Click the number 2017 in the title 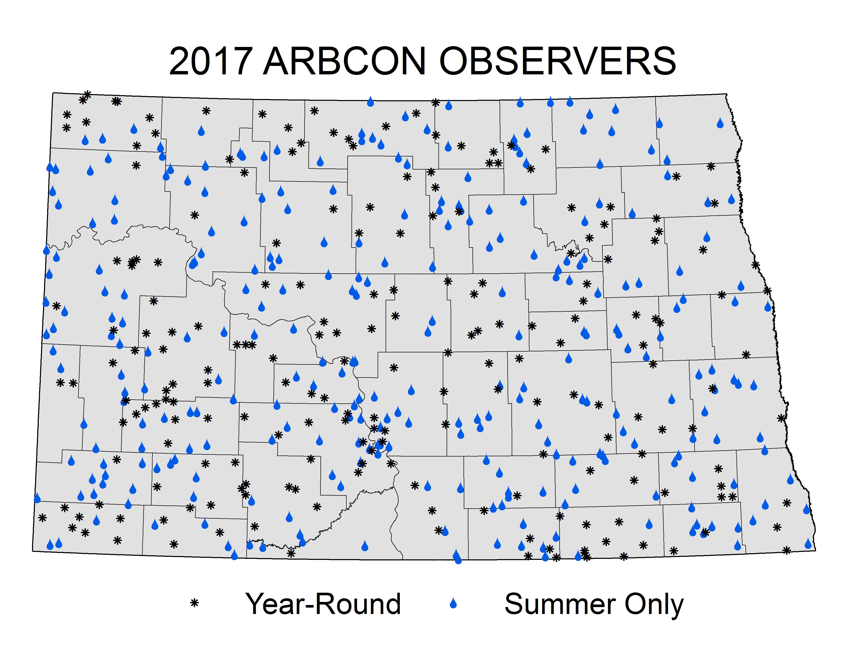pyautogui.click(x=211, y=61)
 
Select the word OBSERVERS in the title pyautogui.click(x=558, y=61)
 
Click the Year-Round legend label pyautogui.click(x=323, y=604)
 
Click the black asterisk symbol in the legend pyautogui.click(x=195, y=603)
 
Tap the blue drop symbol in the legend pyautogui.click(x=453, y=603)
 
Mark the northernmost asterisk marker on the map pyautogui.click(x=87, y=95)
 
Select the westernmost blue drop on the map pyautogui.click(x=37, y=498)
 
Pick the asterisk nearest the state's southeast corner pyautogui.click(x=786, y=550)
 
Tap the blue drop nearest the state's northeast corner pyautogui.click(x=720, y=123)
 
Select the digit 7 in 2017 pyautogui.click(x=243, y=61)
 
